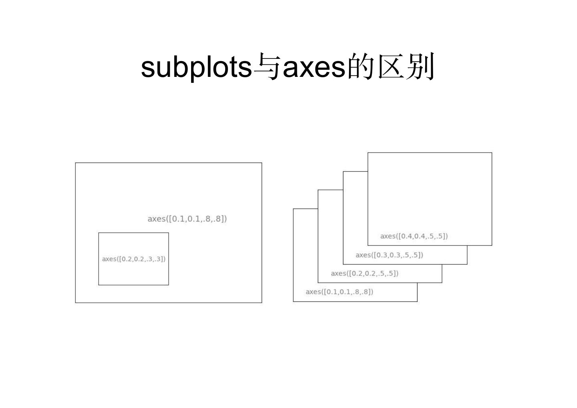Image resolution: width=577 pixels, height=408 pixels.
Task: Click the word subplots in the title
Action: [196, 67]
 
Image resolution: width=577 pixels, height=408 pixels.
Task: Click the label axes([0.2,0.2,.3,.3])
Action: [133, 259]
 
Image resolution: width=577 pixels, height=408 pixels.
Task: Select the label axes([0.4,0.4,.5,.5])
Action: [414, 236]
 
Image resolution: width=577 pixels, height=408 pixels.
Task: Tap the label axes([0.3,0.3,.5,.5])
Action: [389, 255]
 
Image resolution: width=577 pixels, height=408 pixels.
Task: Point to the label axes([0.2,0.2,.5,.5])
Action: [365, 273]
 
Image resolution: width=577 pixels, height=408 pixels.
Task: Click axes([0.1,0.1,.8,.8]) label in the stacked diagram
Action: [339, 292]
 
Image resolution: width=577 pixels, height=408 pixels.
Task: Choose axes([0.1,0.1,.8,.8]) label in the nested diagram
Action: [187, 219]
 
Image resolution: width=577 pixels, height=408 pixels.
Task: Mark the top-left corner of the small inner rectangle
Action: [99, 233]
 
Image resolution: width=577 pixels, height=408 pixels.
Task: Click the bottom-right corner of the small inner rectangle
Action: [169, 285]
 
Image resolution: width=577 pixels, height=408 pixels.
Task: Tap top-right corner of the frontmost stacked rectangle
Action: [492, 153]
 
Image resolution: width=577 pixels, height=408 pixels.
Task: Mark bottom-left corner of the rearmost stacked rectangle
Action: [293, 301]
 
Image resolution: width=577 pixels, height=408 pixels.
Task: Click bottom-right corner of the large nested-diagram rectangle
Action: [262, 303]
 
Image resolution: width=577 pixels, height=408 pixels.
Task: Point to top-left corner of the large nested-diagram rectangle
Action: [75, 163]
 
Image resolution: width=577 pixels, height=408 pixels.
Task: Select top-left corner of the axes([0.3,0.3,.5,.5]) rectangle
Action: [343, 171]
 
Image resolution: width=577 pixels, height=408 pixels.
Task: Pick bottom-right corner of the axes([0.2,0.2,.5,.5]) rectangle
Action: [442, 283]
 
